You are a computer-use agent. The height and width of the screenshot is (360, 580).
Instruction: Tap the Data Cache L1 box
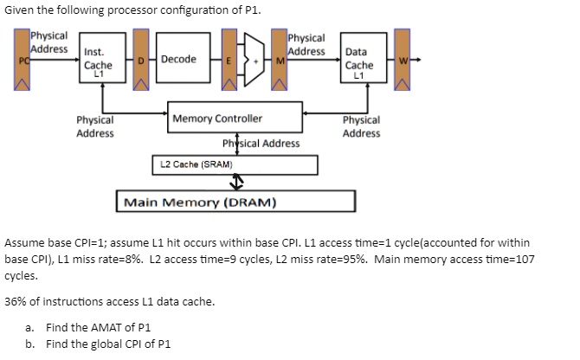[x=358, y=63]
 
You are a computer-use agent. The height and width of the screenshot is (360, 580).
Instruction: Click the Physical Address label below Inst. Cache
[x=94, y=127]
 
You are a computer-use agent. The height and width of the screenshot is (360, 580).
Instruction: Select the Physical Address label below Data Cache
[x=361, y=127]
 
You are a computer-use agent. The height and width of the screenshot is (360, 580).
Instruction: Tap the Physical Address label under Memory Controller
[x=261, y=144]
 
